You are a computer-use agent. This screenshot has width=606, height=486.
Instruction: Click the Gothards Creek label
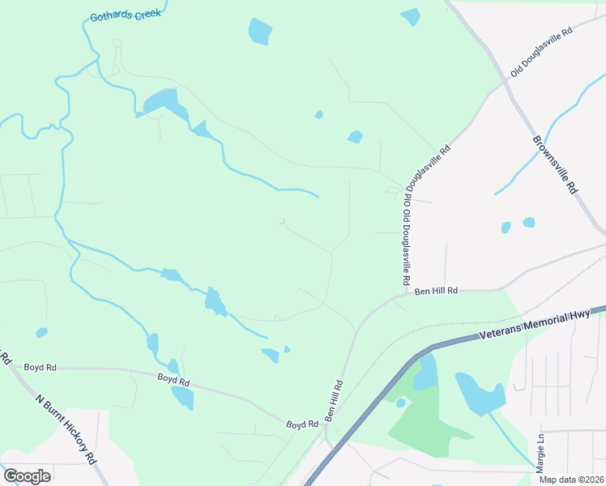(126, 15)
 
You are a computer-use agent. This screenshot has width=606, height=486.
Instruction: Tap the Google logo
(26, 475)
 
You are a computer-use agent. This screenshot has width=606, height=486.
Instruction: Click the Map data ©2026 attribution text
(572, 480)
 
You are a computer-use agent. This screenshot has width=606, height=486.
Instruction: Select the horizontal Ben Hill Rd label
(437, 291)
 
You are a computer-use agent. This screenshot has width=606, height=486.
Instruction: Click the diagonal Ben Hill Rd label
(335, 400)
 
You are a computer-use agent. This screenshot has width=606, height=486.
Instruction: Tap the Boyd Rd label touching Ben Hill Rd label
(301, 424)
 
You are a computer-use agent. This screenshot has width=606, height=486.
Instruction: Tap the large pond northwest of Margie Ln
(480, 394)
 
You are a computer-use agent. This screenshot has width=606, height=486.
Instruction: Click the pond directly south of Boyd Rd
(182, 397)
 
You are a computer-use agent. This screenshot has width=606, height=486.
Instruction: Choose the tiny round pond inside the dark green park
(401, 403)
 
